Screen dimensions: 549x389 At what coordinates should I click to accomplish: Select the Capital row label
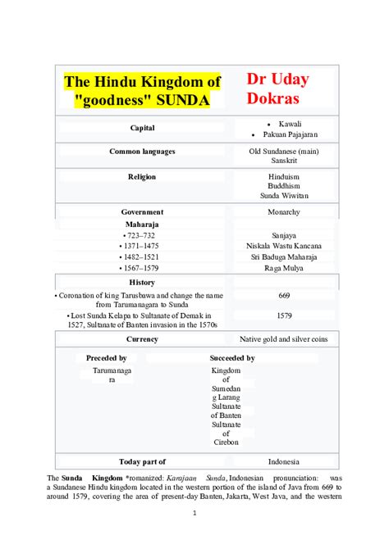(x=142, y=128)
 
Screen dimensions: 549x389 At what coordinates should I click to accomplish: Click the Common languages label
(x=142, y=152)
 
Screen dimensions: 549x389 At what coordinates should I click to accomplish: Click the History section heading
(x=142, y=282)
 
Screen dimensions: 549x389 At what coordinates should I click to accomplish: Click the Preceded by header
(x=106, y=358)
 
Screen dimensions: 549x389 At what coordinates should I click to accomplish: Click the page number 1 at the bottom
(x=194, y=514)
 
